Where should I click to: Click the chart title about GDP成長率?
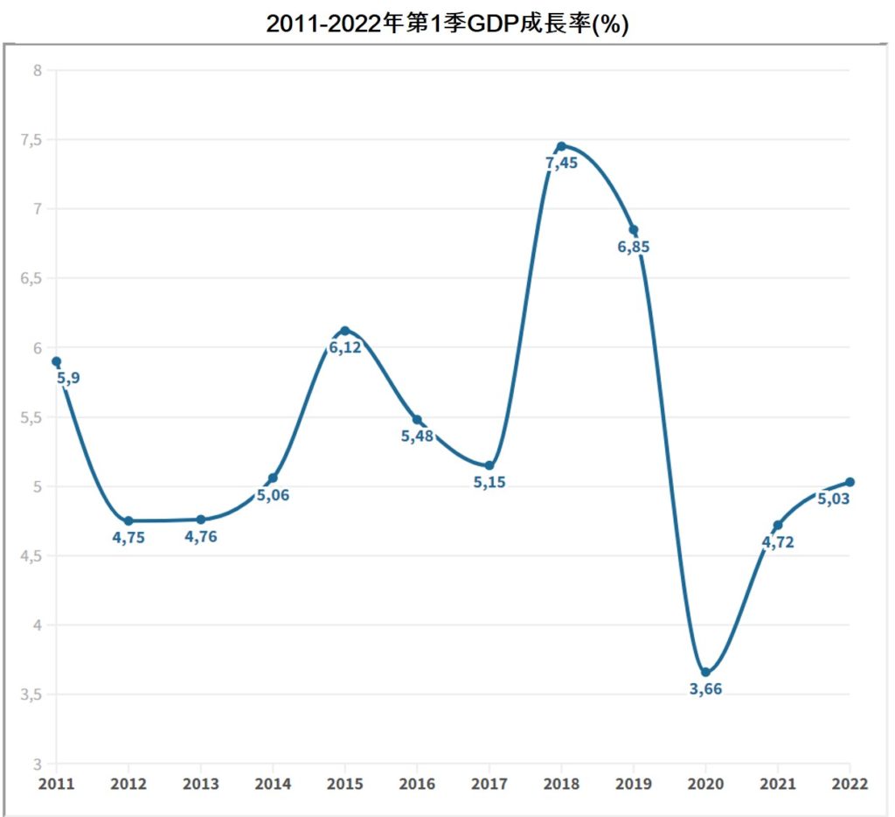[x=447, y=24]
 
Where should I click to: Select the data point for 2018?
[x=561, y=147]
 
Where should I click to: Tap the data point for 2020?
[x=705, y=673]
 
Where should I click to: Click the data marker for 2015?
[x=344, y=331]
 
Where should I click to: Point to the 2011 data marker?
[x=56, y=361]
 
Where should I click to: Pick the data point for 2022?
[x=850, y=482]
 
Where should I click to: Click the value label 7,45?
[x=560, y=164]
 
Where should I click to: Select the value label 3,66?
[x=705, y=689]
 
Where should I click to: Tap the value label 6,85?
[x=634, y=248]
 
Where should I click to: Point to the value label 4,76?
[x=200, y=537]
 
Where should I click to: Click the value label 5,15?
[x=489, y=483]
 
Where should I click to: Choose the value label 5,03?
[x=834, y=499]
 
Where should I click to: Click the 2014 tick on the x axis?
[x=273, y=784]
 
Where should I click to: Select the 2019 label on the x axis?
[x=634, y=784]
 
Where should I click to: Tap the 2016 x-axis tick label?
[x=417, y=784]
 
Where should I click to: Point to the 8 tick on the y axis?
[x=38, y=71]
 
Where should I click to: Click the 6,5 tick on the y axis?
[x=31, y=279]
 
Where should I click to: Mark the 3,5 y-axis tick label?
[x=31, y=695]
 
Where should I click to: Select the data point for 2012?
[x=128, y=521]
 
